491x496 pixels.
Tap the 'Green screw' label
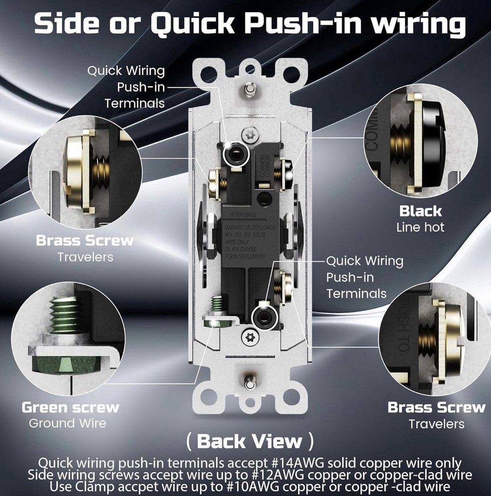(70, 408)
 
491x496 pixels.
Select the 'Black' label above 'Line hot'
(421, 211)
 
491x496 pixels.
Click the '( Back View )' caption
(249, 440)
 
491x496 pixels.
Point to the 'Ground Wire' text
(67, 423)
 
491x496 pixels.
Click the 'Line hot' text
(421, 227)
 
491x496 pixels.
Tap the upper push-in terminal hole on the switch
(233, 155)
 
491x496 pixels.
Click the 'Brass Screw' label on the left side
(85, 241)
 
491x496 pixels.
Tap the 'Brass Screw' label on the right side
(436, 408)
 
